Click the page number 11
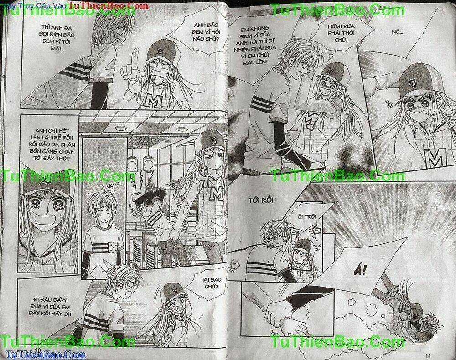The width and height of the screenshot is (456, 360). coord(427,355)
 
